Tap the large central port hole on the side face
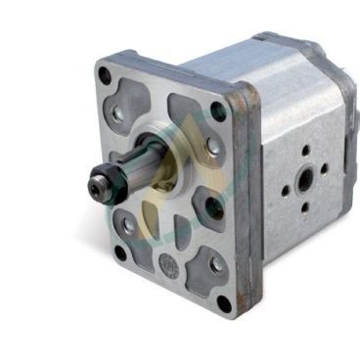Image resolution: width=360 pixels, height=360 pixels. [306, 178]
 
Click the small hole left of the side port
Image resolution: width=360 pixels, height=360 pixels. [285, 183]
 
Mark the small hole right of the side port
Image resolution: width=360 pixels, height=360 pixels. [326, 175]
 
